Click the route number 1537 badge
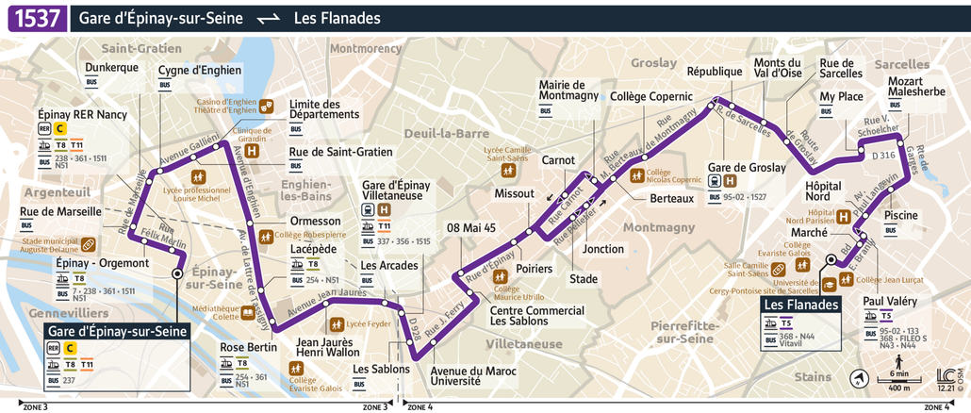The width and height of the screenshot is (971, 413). coord(37,18)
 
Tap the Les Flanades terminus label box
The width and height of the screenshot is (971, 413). coord(800,306)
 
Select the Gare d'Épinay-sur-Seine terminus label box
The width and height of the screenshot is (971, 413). coord(118,331)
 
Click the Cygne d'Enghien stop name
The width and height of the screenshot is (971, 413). coord(199,70)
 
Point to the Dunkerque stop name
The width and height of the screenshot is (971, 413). coord(111,68)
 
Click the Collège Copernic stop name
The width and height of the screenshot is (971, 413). coord(650,96)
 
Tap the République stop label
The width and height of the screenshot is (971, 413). coord(715,72)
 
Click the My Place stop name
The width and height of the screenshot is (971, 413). coord(841,96)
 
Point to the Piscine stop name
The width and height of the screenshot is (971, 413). coord(901,215)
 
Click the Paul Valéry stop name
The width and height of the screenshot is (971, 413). coord(890,301)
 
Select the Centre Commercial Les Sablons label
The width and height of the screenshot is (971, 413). coord(537,316)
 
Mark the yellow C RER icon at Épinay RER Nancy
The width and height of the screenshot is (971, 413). coord(60,128)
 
